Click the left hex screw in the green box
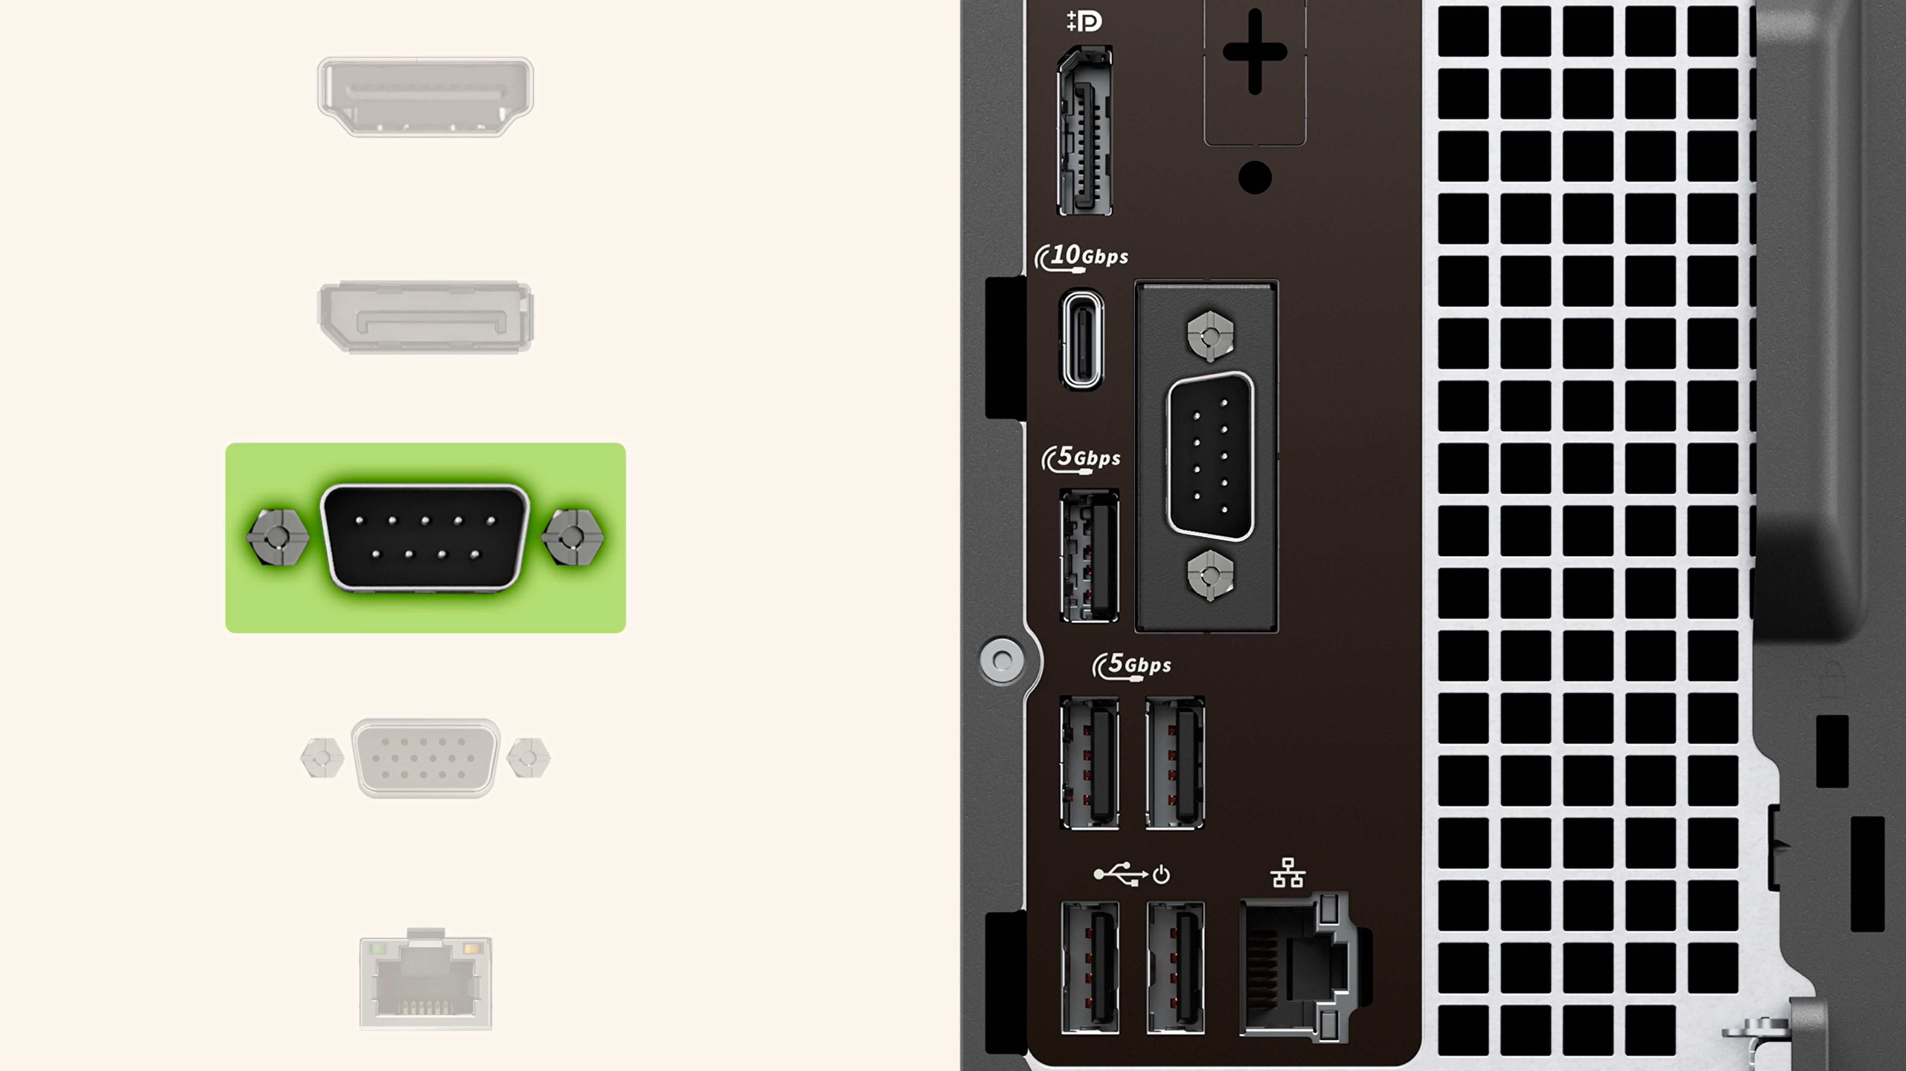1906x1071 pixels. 277,537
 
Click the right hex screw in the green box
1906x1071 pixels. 573,537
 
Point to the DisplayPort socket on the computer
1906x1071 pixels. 1085,131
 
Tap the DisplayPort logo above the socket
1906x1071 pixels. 1084,21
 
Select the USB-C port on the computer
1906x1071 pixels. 1083,339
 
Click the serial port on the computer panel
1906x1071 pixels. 1210,457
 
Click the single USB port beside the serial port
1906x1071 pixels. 1089,555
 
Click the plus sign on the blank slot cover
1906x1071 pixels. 1255,52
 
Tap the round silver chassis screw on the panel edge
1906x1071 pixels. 1002,659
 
